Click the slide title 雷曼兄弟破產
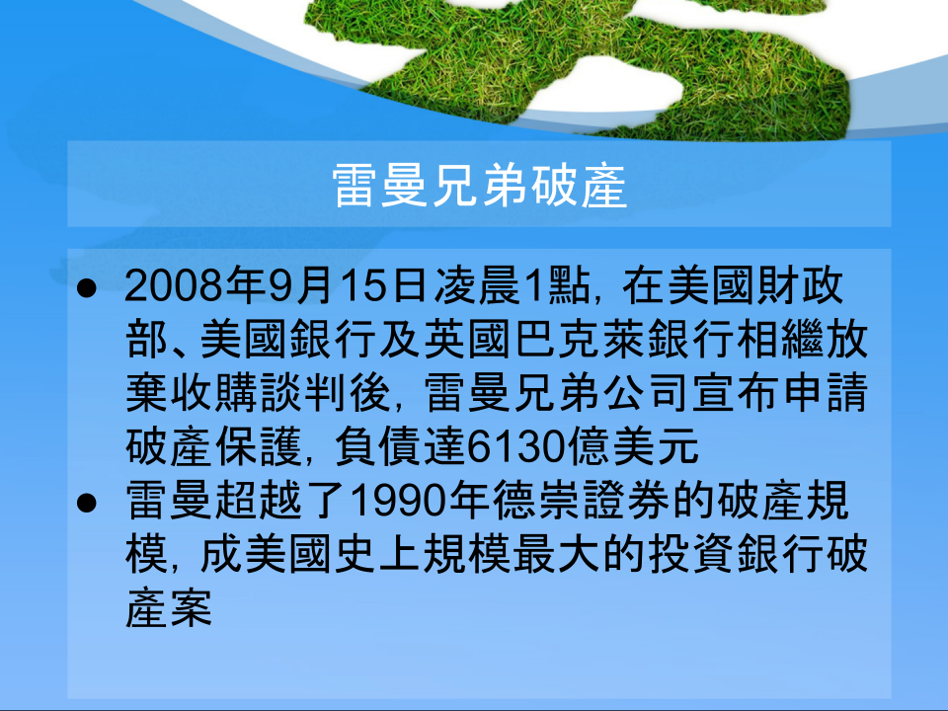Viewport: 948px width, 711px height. pos(480,186)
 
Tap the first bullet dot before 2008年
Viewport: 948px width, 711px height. pos(87,288)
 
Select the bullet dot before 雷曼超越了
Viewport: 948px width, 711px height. pos(87,503)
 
